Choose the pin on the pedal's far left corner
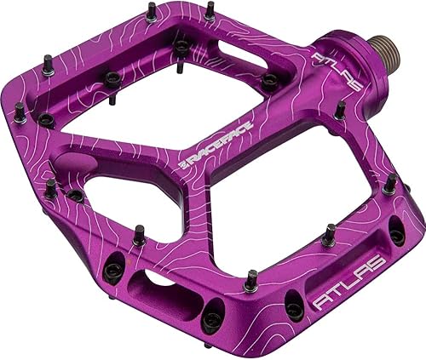19,111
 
